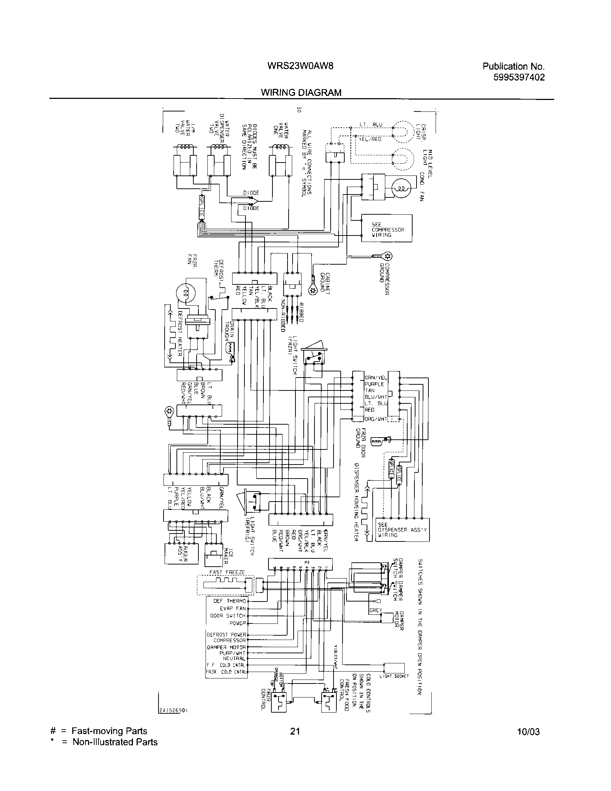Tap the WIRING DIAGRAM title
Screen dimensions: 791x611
coord(301,93)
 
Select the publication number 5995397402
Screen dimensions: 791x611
coord(519,78)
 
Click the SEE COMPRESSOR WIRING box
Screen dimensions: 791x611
coord(387,228)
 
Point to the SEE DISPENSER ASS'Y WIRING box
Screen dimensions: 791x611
coord(402,530)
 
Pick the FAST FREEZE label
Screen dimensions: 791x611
coord(227,572)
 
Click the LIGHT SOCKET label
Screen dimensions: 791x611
coord(394,676)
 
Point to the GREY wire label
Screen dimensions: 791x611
coord(375,610)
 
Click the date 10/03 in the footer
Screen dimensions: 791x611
coord(528,742)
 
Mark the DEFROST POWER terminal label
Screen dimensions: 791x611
coord(226,635)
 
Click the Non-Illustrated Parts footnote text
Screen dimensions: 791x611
coord(115,752)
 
